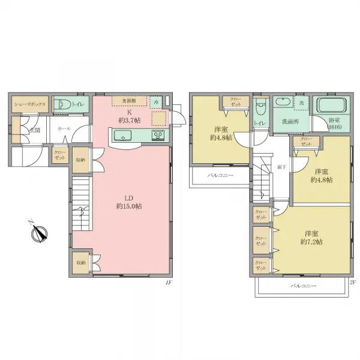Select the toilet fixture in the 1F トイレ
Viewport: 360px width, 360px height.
61,104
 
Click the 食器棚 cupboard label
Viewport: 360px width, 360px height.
129,100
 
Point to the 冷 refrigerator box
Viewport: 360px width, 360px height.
156,102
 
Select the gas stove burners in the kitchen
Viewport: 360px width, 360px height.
158,135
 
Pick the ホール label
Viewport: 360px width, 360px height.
64,129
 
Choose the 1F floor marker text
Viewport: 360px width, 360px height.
169,281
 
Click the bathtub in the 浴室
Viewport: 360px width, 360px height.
331,106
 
